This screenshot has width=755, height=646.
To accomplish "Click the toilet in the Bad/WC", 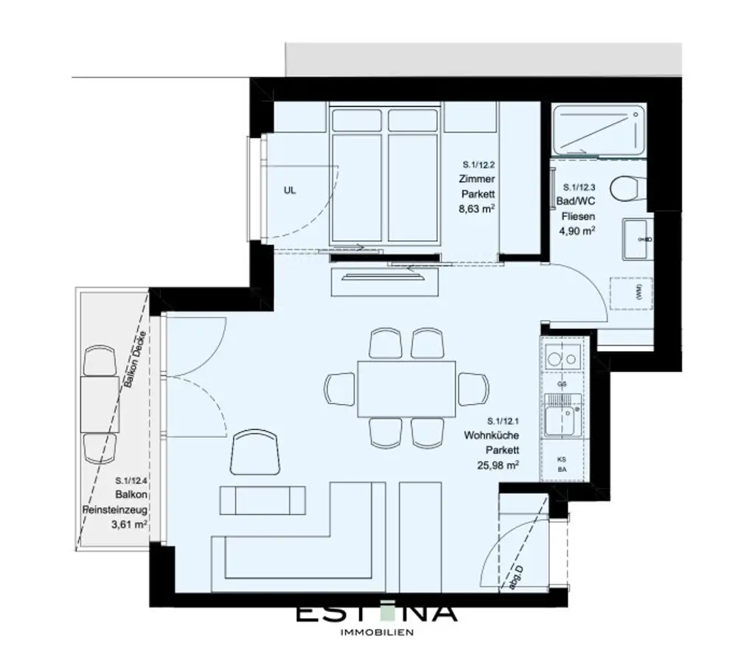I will click(628, 189).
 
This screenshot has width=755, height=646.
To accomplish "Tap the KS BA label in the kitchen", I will click(561, 462).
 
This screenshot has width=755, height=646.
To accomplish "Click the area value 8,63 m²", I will click(476, 209).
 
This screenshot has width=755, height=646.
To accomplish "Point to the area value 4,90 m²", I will click(578, 231).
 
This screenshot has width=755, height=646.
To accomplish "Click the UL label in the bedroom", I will click(289, 190).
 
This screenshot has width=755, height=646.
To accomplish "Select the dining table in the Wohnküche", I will click(406, 388).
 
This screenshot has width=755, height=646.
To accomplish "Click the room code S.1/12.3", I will click(579, 188).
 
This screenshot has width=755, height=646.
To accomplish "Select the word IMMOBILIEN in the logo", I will click(376, 632).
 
